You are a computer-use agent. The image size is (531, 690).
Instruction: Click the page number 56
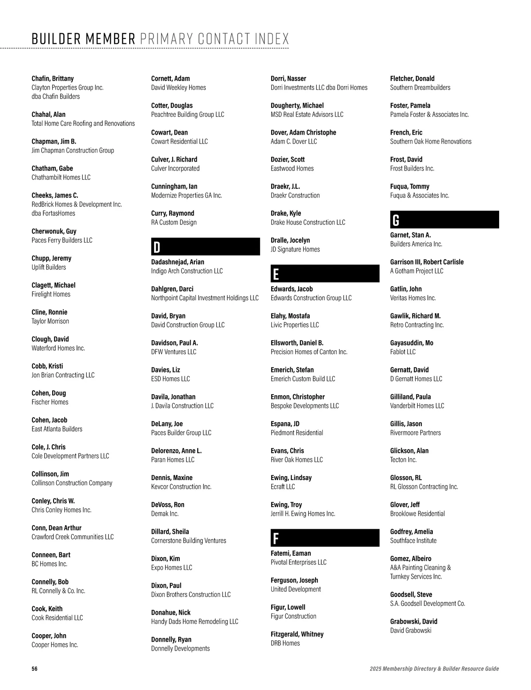coord(35,669)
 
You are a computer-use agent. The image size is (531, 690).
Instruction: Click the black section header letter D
coord(157,247)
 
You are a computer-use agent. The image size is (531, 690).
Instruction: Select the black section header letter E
coord(276,274)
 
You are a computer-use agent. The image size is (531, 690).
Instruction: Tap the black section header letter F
coord(276,539)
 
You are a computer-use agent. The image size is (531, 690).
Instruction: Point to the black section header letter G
coord(396,220)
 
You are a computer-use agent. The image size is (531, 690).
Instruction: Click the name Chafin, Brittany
coord(53,78)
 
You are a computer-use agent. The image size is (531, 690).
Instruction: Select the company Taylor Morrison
coord(50,321)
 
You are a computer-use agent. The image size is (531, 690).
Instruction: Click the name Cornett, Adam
coord(170,78)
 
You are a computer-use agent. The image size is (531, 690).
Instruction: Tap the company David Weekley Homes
coord(178,88)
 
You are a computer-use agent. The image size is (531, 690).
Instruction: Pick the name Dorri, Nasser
coord(288,78)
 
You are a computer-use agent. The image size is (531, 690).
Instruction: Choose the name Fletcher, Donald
coord(412,78)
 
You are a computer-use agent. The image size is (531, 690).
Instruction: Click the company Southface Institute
coord(413,541)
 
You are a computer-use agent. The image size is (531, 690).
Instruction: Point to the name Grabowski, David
coord(413,621)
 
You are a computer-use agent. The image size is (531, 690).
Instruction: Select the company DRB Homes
coord(285,643)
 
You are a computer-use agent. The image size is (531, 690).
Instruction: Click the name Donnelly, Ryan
coord(171,640)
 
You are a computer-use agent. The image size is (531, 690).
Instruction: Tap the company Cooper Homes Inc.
coord(55,645)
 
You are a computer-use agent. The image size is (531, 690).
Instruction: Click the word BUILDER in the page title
coord(58,39)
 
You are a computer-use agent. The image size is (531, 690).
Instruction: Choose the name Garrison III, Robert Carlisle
coord(427,262)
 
